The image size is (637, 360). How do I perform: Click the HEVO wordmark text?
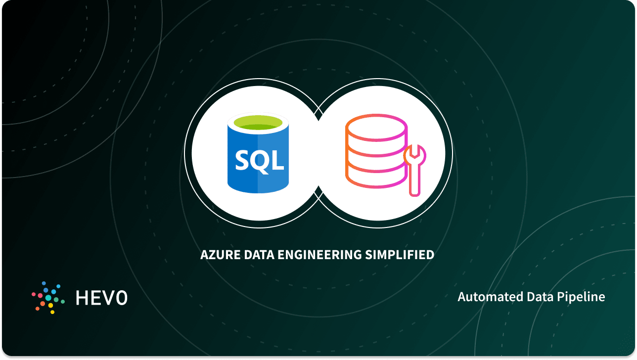(x=101, y=297)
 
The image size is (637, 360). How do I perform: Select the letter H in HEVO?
(x=82, y=297)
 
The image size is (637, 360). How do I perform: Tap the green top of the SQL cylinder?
(x=257, y=123)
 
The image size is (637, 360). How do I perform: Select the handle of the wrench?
(x=414, y=180)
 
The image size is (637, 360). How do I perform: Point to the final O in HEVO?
(x=121, y=297)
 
